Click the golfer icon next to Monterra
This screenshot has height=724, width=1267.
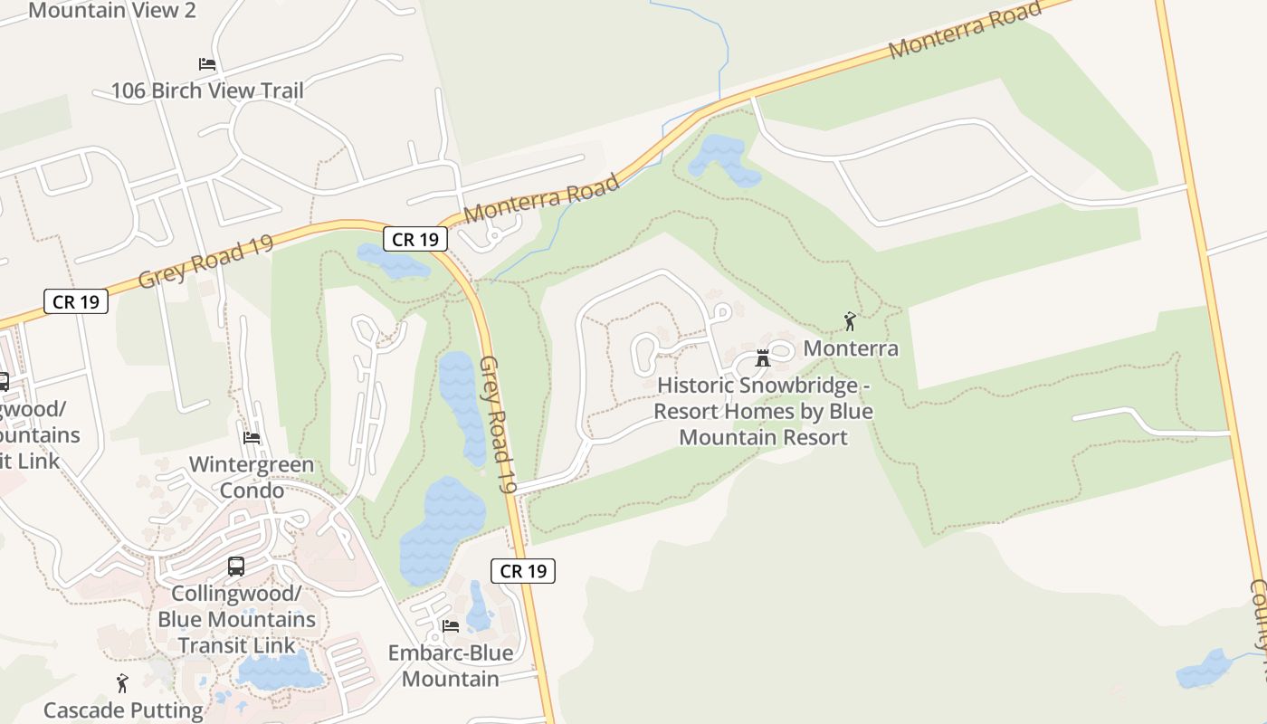coord(849,321)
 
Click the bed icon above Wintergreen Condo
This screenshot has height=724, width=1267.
coord(252,438)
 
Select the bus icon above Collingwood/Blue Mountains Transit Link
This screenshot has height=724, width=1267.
coord(236,567)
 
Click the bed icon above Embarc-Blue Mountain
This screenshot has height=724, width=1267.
coord(450,625)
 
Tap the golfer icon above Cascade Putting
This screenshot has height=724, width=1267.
coord(122,683)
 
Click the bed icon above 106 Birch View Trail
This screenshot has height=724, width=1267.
coord(207,64)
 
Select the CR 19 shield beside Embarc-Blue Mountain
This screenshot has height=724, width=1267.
coord(523,571)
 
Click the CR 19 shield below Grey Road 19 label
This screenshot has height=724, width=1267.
coord(76,301)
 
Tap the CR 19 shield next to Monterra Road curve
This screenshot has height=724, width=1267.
coord(415,239)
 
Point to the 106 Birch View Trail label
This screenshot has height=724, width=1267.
coord(207,90)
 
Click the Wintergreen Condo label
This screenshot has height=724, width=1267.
coord(252,477)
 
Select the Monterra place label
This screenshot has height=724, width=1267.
coord(851,348)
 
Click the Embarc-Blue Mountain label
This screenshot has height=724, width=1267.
coord(450,665)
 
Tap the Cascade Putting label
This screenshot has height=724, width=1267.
coord(124,710)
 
